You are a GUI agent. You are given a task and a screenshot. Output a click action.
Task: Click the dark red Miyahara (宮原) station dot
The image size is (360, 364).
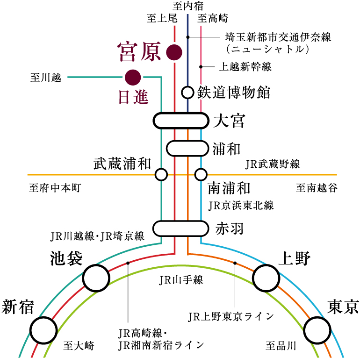[174, 52]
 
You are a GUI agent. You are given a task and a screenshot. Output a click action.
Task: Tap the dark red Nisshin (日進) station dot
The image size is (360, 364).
[133, 76]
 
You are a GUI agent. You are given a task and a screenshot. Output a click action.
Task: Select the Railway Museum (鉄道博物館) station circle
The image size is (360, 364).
[187, 92]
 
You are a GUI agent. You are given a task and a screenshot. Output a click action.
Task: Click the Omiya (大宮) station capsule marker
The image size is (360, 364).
[180, 121]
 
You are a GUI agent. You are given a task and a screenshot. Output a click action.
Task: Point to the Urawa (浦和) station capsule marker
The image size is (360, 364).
[187, 149]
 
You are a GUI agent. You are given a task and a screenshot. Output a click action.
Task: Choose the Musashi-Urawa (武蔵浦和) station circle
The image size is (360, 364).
[161, 175]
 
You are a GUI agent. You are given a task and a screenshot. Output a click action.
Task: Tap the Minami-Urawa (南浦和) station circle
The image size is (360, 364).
[201, 175]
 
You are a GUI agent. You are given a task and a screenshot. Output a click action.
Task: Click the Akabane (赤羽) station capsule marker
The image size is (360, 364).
[180, 228]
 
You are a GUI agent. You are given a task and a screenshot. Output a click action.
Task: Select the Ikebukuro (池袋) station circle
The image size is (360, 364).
[96, 278]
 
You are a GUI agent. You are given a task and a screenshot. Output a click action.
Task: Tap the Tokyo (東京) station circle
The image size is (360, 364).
[318, 330]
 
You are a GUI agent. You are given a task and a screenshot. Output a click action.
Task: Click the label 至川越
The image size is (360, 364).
[46, 78]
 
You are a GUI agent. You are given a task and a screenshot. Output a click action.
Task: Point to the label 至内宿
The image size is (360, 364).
[188, 6]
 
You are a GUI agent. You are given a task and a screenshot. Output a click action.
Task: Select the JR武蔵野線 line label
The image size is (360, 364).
[273, 164]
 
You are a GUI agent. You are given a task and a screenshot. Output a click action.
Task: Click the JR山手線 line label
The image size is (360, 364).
[181, 280]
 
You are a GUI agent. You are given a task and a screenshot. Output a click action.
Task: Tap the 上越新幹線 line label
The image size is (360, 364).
[245, 67]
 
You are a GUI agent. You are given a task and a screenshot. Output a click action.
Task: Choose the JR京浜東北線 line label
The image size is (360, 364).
[241, 205]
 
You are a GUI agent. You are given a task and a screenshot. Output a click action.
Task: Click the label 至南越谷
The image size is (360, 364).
[317, 188]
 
